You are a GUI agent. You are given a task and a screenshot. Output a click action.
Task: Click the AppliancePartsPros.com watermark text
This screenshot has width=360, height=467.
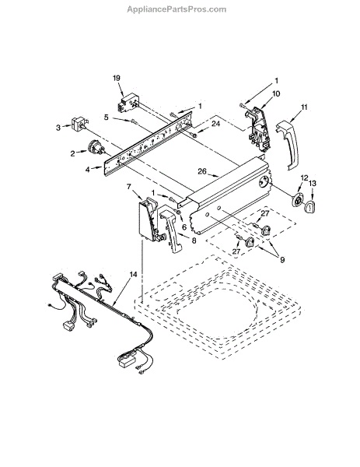pyautogui.click(x=177, y=9)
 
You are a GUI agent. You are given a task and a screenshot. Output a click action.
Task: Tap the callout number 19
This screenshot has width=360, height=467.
pyautogui.click(x=117, y=78)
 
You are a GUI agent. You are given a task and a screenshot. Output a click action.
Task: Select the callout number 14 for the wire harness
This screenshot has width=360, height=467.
pyautogui.click(x=134, y=274)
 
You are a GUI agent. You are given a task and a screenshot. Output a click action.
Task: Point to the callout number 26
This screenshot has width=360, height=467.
pyautogui.click(x=202, y=171)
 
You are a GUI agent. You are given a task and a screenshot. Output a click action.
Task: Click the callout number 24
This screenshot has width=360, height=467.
pyautogui.click(x=215, y=123)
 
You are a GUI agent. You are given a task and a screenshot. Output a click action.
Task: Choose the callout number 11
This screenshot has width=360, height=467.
pyautogui.click(x=304, y=107)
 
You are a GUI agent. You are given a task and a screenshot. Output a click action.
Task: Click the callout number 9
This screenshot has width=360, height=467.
pyautogui.click(x=281, y=260)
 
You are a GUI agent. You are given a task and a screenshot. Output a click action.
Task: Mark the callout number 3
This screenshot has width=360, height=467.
pyautogui.click(x=58, y=128)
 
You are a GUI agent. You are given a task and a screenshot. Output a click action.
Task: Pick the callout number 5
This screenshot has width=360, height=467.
pyautogui.click(x=107, y=118)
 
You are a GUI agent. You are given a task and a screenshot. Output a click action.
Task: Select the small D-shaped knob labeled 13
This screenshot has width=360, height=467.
pyautogui.click(x=309, y=207)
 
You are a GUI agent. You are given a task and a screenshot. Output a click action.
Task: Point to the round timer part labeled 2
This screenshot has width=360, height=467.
pyautogui.click(x=95, y=147)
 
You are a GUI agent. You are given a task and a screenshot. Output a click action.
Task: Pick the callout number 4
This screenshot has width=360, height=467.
pyautogui.click(x=87, y=170)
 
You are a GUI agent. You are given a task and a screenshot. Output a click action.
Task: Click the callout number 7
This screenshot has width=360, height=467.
pyautogui.click(x=128, y=187)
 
